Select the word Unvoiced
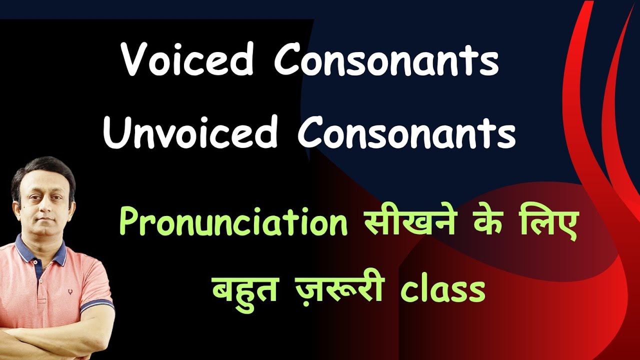[190, 132]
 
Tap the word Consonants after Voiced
[385, 61]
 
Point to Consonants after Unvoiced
[406, 132]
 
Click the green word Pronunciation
[233, 223]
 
